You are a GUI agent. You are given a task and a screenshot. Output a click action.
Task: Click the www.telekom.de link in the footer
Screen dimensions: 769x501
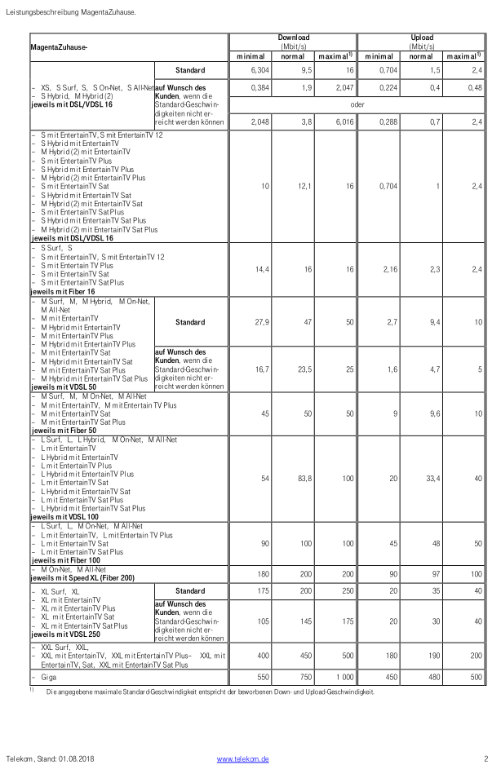(242, 758)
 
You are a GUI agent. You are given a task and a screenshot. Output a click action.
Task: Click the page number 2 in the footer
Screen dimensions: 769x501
(485, 758)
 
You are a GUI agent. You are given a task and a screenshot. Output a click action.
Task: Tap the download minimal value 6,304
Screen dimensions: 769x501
(259, 70)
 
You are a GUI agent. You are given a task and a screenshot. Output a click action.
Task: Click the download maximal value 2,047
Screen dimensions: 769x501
(344, 87)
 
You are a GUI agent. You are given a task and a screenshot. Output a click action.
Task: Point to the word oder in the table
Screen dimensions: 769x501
(357, 104)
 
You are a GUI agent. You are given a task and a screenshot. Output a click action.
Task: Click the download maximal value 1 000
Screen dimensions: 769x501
(342, 678)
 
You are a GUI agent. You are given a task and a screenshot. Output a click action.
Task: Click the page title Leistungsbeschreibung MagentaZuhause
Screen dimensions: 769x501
(70, 12)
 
